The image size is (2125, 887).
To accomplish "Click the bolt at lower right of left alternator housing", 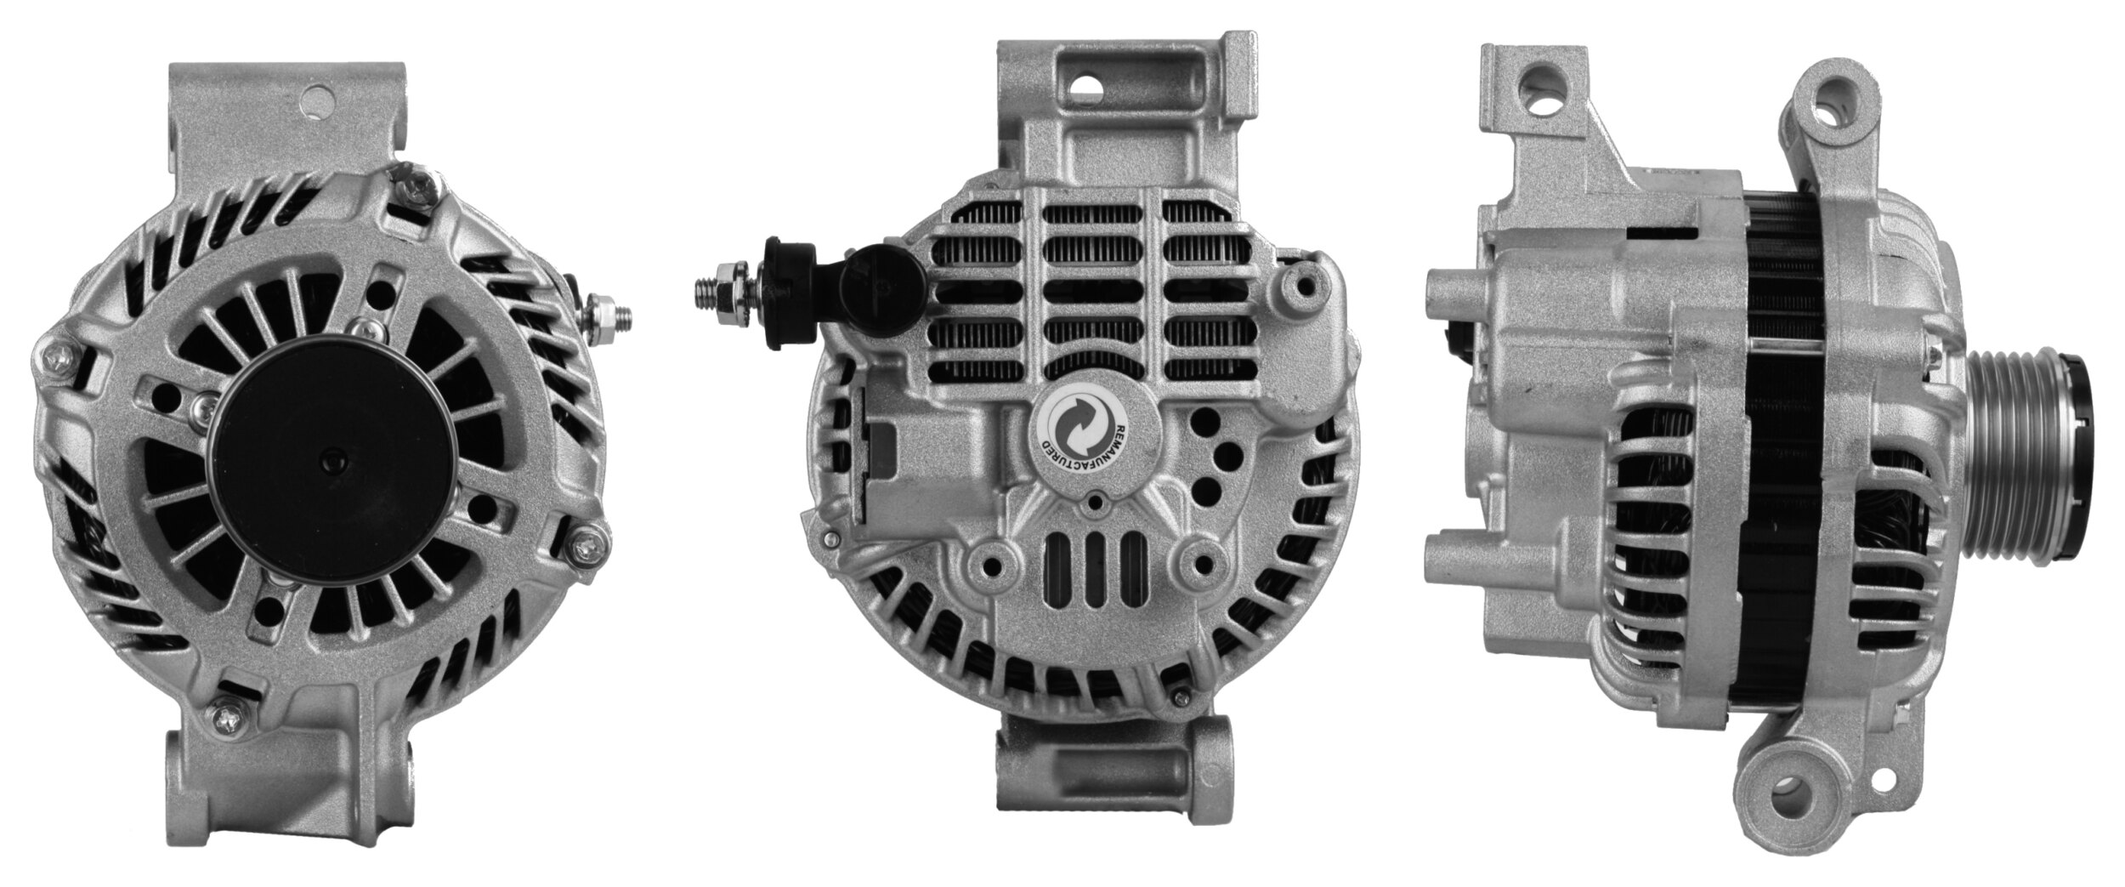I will point(586,541).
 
